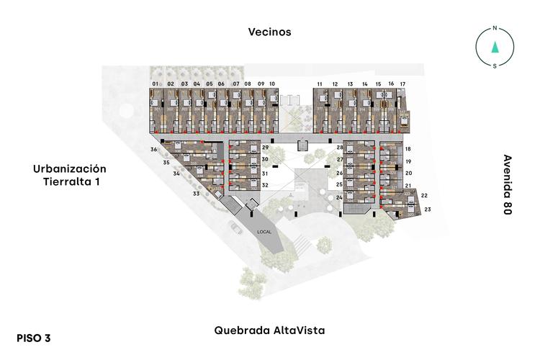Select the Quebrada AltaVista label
pyautogui.click(x=269, y=330)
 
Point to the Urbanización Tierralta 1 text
pyautogui.click(x=70, y=175)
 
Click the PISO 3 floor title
pyautogui.click(x=34, y=337)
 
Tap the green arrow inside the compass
pyautogui.click(x=495, y=48)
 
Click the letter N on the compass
pyautogui.click(x=495, y=29)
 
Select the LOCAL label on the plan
pyautogui.click(x=265, y=232)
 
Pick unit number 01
pyautogui.click(x=155, y=84)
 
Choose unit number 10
pyautogui.click(x=272, y=84)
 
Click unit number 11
pyautogui.click(x=320, y=84)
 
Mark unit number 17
pyautogui.click(x=402, y=84)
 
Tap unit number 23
pyautogui.click(x=428, y=210)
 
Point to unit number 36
pyautogui.click(x=153, y=149)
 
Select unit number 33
pyautogui.click(x=195, y=194)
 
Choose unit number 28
pyautogui.click(x=340, y=148)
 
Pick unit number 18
pyautogui.click(x=408, y=149)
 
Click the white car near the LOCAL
pyautogui.click(x=235, y=228)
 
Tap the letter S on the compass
pyautogui.click(x=495, y=66)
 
